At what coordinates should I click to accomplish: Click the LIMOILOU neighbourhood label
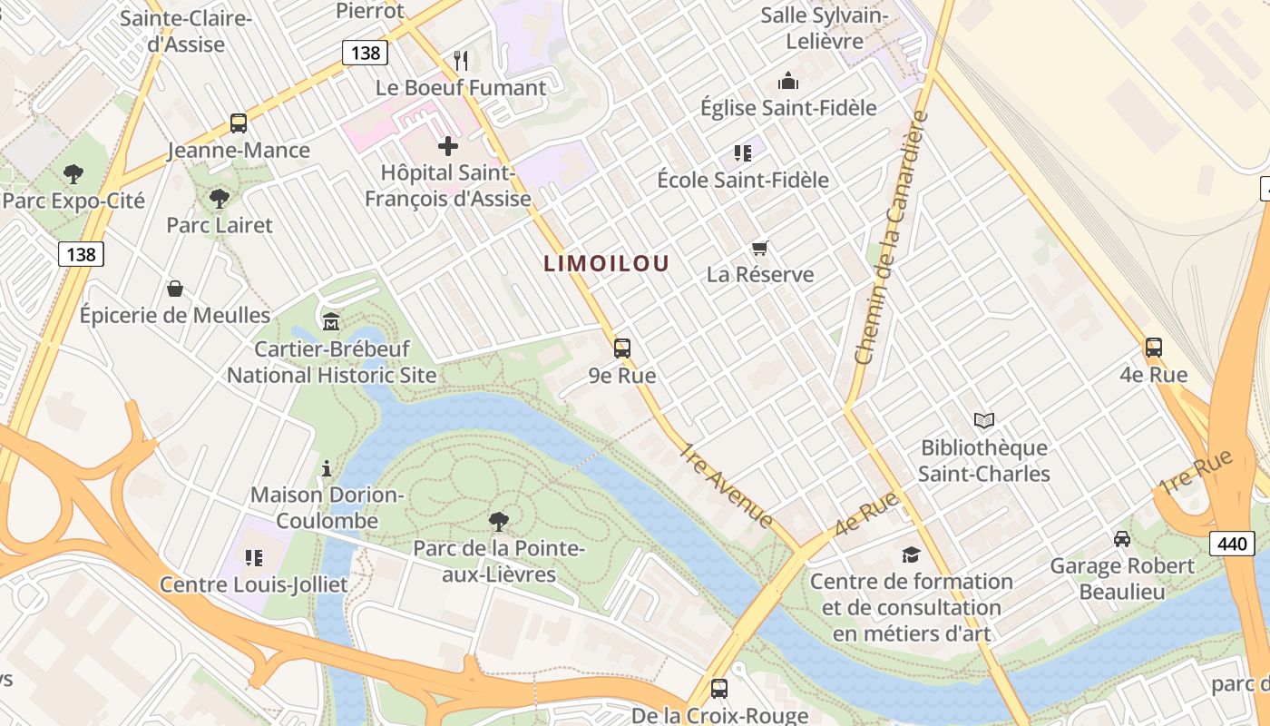click(x=606, y=264)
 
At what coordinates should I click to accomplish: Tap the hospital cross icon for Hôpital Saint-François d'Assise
click(x=448, y=145)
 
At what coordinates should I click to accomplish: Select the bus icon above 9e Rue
click(x=621, y=348)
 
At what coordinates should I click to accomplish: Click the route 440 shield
click(x=1232, y=544)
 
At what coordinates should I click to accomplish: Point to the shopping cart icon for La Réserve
click(x=760, y=248)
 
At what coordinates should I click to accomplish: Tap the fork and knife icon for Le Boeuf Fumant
click(x=461, y=61)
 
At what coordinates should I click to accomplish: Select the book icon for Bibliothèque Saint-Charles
click(x=984, y=420)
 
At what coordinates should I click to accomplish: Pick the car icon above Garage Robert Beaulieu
click(x=1122, y=539)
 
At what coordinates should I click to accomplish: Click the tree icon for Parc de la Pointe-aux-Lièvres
click(x=498, y=521)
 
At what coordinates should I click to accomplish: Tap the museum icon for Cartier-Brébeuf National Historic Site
click(x=331, y=321)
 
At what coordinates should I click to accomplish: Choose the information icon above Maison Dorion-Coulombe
click(x=327, y=468)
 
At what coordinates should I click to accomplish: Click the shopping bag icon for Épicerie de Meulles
click(x=174, y=289)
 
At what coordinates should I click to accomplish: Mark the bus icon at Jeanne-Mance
click(x=239, y=123)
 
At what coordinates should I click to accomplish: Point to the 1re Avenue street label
click(x=727, y=486)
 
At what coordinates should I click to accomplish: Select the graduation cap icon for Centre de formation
click(x=911, y=554)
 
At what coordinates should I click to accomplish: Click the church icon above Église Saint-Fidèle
click(x=788, y=81)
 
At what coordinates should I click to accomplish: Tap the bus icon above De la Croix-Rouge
click(x=719, y=688)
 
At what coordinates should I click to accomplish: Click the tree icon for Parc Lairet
click(x=219, y=198)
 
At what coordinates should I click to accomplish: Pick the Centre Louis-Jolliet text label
click(x=254, y=584)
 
